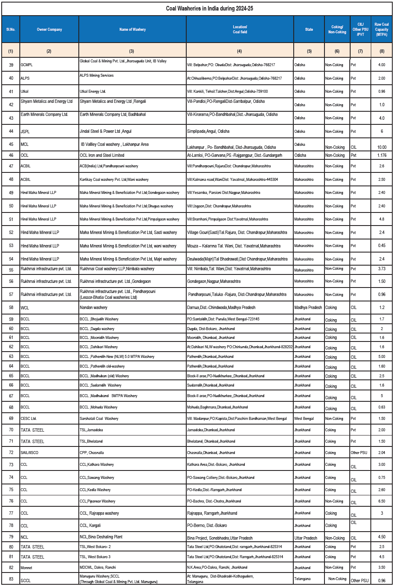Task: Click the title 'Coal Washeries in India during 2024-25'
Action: pos(209,8)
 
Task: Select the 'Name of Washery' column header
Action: pos(132,30)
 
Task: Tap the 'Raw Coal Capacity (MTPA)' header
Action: pos(381,30)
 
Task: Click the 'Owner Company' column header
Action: pos(49,30)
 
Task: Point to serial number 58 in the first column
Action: pos(11,308)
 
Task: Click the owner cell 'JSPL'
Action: pos(25,132)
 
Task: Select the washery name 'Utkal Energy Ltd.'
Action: pos(93,91)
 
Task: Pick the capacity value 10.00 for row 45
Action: pos(382,147)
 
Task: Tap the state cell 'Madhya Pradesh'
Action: pos(308,308)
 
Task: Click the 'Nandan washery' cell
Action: pos(94,308)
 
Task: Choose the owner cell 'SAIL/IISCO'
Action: pos(29,453)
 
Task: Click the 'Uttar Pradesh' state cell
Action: pos(306,538)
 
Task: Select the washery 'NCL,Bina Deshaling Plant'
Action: pos(101,537)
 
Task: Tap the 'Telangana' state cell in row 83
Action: pos(302,579)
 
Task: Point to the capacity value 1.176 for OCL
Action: pos(381,155)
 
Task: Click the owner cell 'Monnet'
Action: pos(27,568)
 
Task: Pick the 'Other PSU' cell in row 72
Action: pos(359,453)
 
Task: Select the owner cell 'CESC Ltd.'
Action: pos(29,419)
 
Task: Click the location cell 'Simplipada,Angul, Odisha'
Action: pos(208,132)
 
